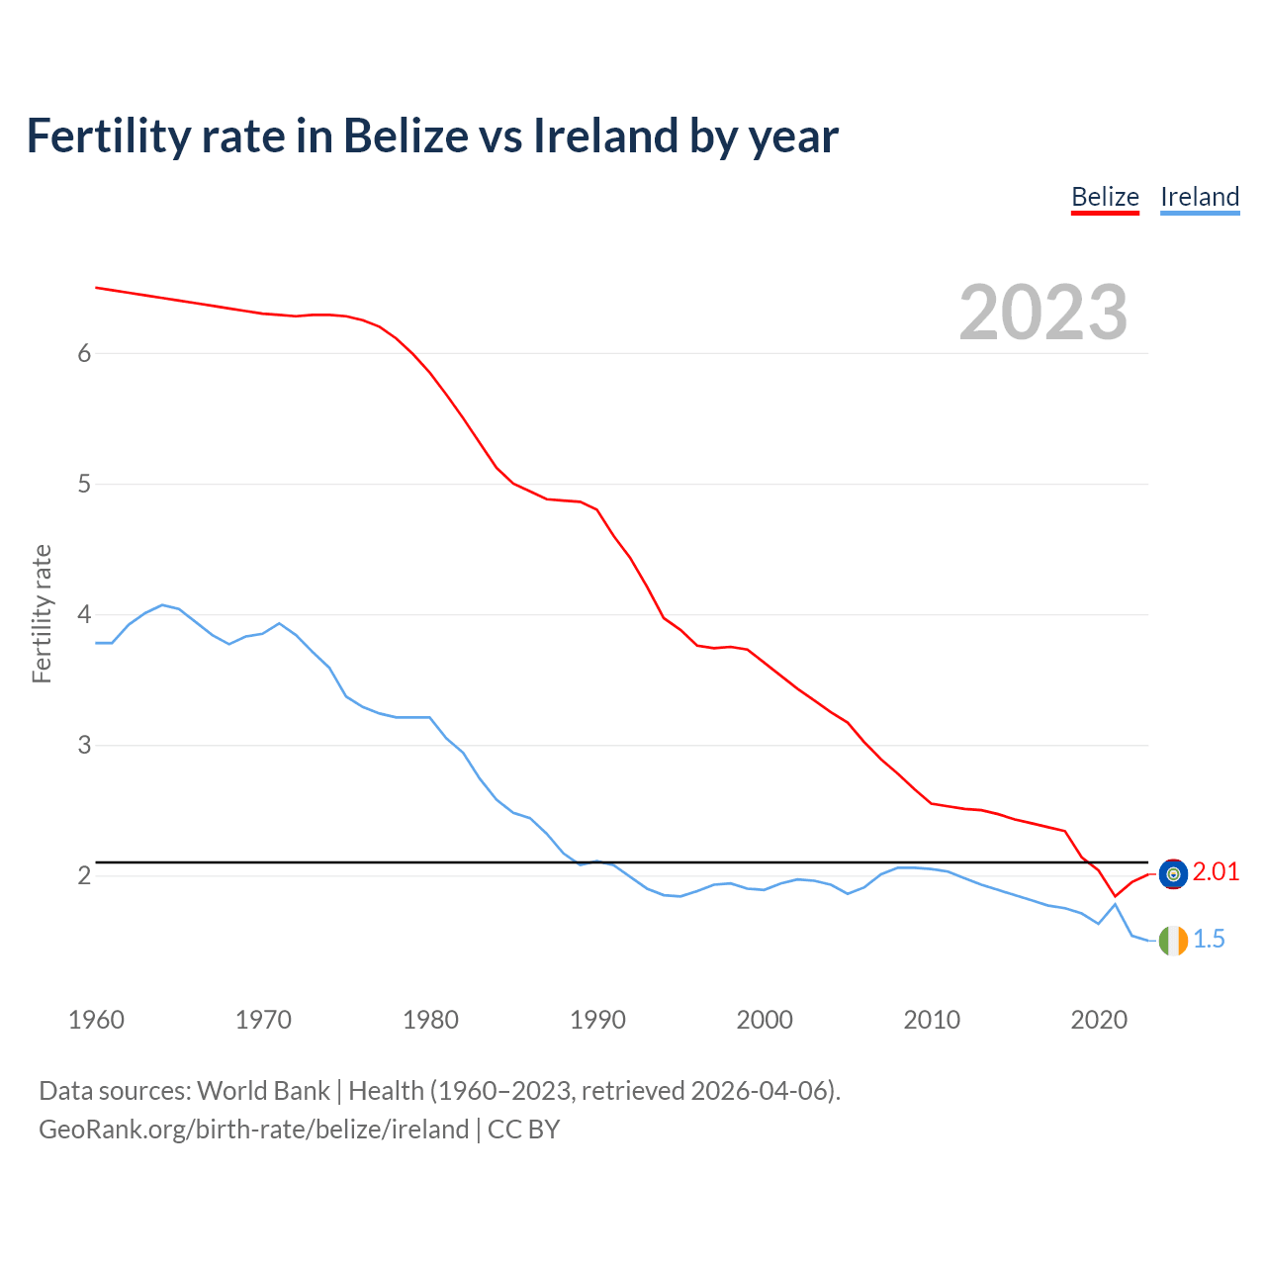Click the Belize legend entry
click(x=1105, y=197)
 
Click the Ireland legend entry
click(x=1199, y=197)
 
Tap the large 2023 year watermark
click(x=1042, y=313)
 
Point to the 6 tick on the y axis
click(x=84, y=354)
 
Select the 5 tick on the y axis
click(x=84, y=485)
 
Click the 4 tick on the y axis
click(x=84, y=615)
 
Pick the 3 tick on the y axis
click(x=84, y=746)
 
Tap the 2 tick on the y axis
click(x=84, y=876)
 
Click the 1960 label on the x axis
click(x=96, y=1020)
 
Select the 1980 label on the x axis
click(x=430, y=1020)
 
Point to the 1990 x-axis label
click(x=597, y=1020)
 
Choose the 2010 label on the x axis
click(x=932, y=1020)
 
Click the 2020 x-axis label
click(x=1099, y=1020)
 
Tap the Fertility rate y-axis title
click(x=42, y=613)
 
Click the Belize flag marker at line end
click(x=1173, y=873)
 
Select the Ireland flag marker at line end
click(x=1173, y=941)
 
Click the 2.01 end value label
click(x=1216, y=872)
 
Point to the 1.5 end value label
click(x=1209, y=940)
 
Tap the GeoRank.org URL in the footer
click(x=253, y=1130)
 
